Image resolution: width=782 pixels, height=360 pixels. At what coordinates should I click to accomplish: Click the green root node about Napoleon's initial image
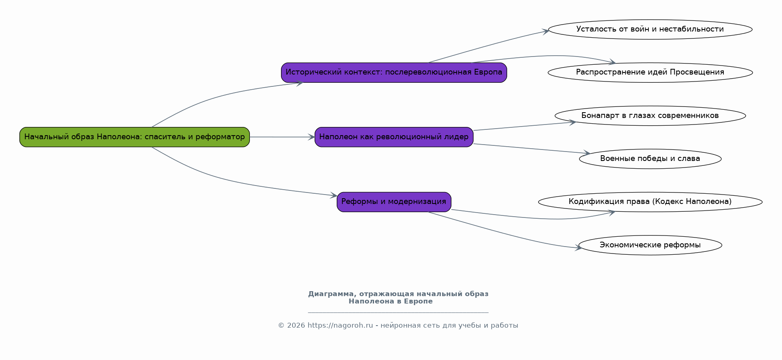(x=134, y=137)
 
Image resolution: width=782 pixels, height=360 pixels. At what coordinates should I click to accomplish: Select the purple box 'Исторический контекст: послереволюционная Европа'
(x=394, y=72)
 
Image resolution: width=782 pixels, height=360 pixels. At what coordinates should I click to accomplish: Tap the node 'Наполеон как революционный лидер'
(x=394, y=137)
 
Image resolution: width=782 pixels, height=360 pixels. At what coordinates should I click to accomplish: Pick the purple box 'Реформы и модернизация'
(x=394, y=202)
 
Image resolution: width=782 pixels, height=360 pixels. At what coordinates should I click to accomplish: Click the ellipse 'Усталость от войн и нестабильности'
(x=650, y=29)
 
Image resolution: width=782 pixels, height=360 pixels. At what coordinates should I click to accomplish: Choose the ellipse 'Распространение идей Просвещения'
(x=650, y=72)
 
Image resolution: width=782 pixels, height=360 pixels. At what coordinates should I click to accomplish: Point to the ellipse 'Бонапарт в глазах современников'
(x=650, y=115)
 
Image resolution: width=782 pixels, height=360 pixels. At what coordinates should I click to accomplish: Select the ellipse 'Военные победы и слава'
(x=650, y=159)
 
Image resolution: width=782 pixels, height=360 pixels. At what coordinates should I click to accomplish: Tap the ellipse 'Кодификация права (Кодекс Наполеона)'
(x=650, y=202)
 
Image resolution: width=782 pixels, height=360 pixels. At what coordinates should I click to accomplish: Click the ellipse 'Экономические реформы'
(x=650, y=245)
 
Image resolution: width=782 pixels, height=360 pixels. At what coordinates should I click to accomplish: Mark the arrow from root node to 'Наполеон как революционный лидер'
(x=282, y=137)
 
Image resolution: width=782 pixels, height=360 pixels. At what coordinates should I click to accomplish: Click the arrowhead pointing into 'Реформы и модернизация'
(x=333, y=196)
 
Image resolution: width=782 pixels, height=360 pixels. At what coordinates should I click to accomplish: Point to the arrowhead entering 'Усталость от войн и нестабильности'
(x=545, y=31)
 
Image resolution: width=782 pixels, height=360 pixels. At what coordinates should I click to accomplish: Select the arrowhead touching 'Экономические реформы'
(x=578, y=247)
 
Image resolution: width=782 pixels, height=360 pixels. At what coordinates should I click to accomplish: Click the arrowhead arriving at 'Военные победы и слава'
(x=587, y=153)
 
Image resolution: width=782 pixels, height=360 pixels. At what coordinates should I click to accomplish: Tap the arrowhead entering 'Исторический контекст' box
(x=299, y=83)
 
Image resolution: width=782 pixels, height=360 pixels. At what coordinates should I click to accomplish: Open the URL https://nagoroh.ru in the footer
(x=340, y=326)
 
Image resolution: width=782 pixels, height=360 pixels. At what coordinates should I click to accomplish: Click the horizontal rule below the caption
(x=398, y=312)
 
